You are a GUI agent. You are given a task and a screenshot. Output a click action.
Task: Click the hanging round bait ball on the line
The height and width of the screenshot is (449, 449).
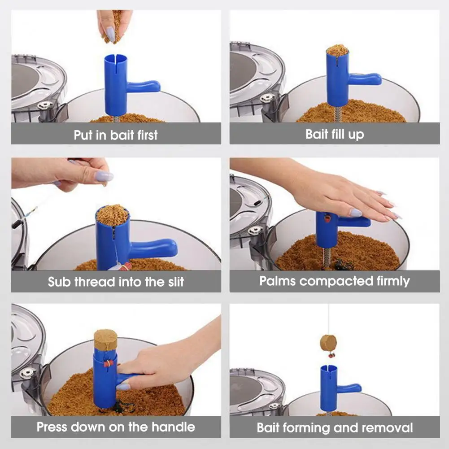328,343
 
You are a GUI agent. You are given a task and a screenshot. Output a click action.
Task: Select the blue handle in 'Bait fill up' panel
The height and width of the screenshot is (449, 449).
365,79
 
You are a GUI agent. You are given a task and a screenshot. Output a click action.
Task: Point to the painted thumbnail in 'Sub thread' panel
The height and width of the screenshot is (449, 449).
104,176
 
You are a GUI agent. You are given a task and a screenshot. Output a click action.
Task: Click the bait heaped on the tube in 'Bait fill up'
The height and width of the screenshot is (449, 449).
337,50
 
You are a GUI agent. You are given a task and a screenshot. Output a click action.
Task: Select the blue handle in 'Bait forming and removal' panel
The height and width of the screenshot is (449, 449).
349,388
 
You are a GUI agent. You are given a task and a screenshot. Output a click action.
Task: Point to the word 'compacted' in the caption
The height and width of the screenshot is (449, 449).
336,281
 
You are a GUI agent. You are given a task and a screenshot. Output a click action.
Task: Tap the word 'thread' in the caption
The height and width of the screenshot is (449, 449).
95,282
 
